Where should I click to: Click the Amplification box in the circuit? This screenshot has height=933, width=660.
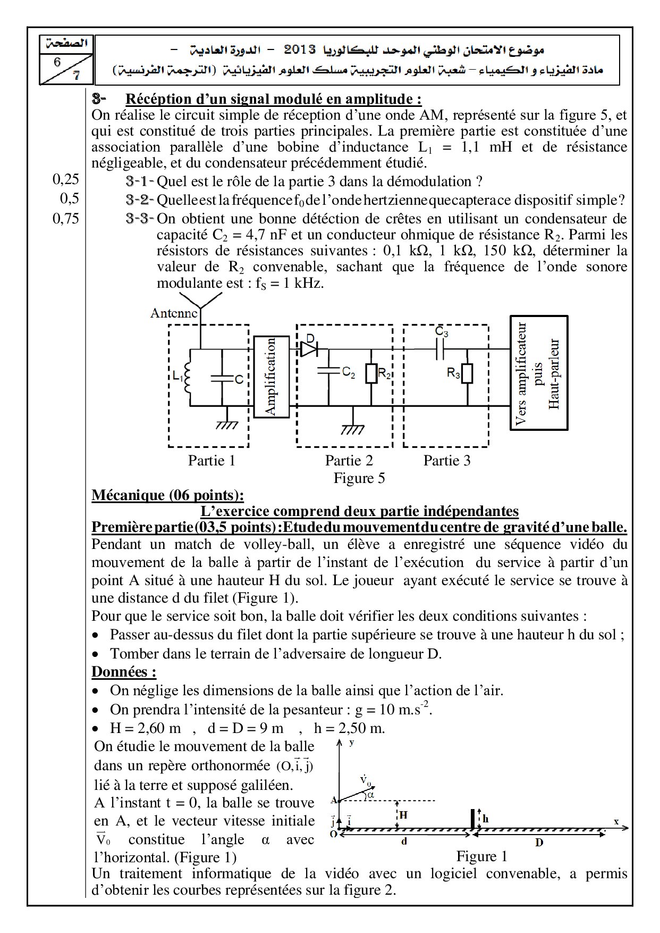[x=272, y=377]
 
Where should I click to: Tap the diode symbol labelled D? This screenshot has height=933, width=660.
[x=309, y=348]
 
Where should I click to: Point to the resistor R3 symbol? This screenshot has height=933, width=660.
[x=467, y=374]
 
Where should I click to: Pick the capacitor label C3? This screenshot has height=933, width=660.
[x=442, y=332]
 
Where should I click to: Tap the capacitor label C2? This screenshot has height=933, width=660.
[x=349, y=373]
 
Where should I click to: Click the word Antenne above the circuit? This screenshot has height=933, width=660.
[x=174, y=313]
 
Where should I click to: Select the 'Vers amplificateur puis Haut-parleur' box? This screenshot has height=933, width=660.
[x=538, y=372]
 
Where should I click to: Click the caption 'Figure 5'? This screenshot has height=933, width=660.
[x=359, y=478]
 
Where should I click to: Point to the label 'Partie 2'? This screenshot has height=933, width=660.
[x=349, y=460]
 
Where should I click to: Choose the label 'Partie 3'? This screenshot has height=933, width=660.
[x=447, y=460]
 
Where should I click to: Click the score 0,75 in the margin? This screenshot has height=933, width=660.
[x=66, y=218]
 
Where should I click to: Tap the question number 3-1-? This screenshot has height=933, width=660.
[x=140, y=181]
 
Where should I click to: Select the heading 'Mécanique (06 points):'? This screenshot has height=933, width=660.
[x=168, y=495]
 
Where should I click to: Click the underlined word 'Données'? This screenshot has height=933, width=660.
[x=123, y=671]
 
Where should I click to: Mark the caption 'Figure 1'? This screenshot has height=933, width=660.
[x=481, y=856]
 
